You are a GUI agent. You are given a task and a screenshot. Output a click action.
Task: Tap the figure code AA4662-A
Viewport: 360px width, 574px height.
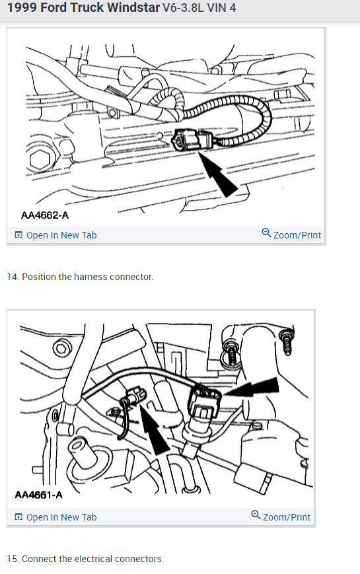tap(44, 215)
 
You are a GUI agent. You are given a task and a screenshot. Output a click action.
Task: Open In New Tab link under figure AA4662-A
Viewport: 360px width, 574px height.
tap(61, 235)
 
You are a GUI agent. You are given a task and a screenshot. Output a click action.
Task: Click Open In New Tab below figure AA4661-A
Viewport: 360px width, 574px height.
tap(61, 517)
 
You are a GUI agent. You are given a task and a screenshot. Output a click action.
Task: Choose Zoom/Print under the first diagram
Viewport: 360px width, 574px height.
tap(297, 235)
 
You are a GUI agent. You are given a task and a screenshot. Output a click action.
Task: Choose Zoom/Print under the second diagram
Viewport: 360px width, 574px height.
tap(286, 517)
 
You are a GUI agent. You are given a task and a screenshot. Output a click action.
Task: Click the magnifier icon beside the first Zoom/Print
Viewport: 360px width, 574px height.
tap(266, 233)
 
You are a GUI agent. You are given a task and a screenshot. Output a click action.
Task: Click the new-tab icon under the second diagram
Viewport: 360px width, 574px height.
tap(18, 517)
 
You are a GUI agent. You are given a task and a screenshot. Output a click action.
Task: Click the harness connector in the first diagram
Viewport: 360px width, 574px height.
tap(191, 140)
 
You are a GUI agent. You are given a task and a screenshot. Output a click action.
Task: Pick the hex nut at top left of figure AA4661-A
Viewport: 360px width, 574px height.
tap(60, 348)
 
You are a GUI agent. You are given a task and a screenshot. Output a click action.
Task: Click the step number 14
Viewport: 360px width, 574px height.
tap(12, 277)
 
